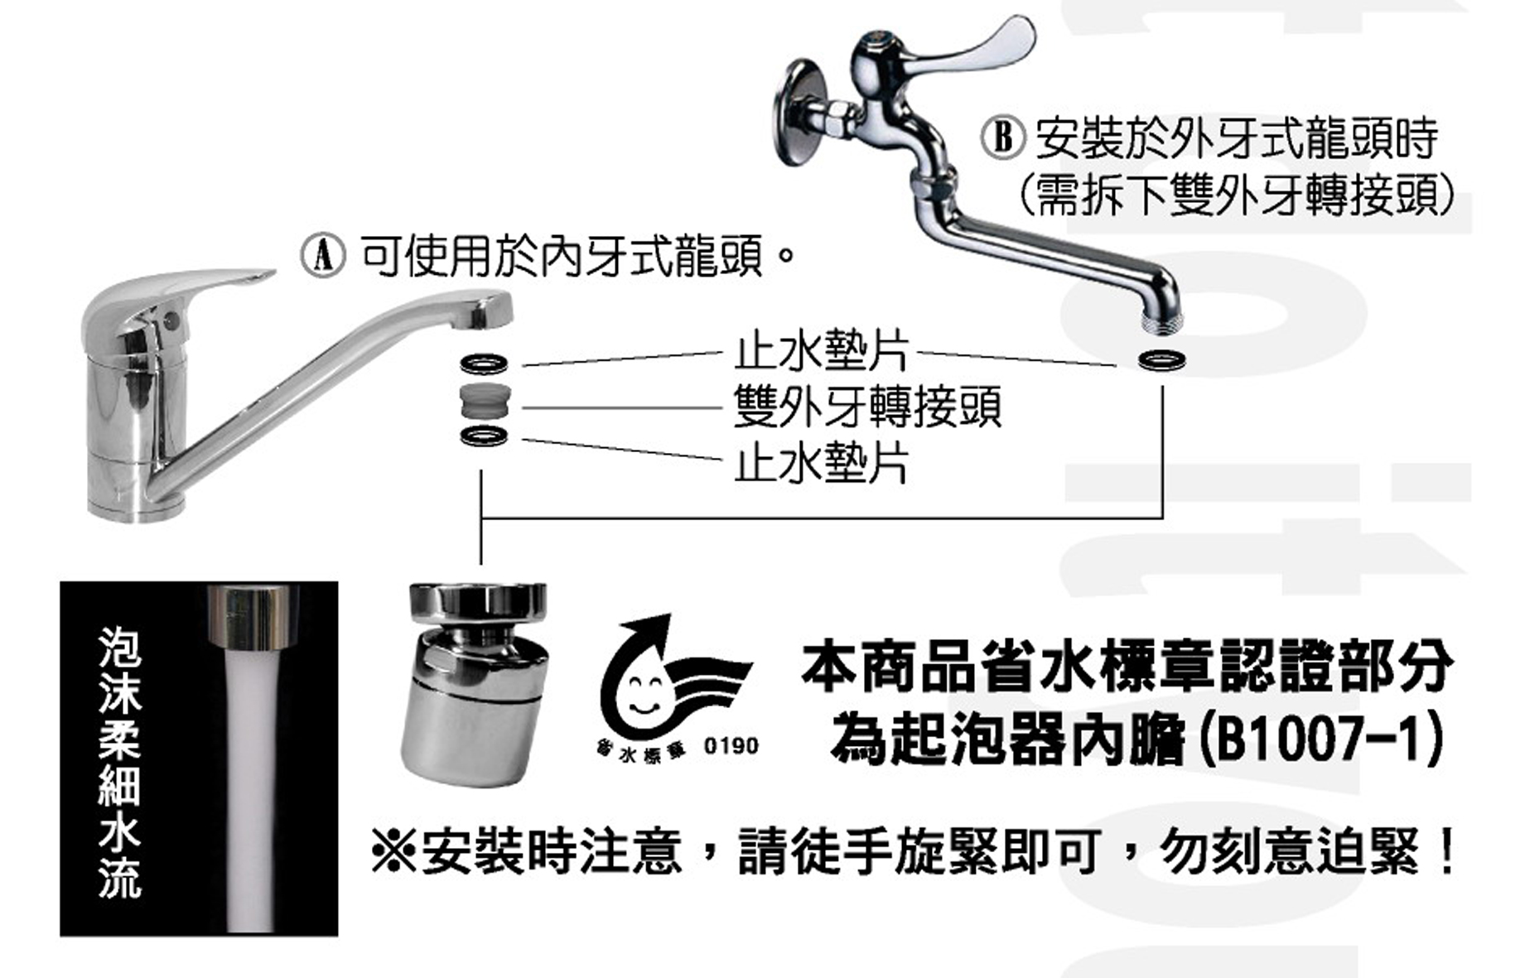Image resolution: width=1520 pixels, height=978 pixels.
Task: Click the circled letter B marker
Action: pos(1003,137)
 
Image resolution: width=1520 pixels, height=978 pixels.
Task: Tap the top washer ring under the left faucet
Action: pos(485,363)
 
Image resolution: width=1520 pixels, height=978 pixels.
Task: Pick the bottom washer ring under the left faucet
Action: pos(485,436)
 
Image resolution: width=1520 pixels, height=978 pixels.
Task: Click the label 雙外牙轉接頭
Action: pos(866,407)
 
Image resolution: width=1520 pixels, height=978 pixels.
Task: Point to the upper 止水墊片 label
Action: pos(821,352)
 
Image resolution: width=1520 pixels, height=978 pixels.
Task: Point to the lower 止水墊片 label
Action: pos(821,462)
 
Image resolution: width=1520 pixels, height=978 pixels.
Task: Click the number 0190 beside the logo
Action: pos(731,746)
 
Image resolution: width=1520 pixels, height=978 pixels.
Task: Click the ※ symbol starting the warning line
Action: pos(393,851)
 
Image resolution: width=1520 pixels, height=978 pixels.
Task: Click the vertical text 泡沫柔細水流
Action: pos(120,762)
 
